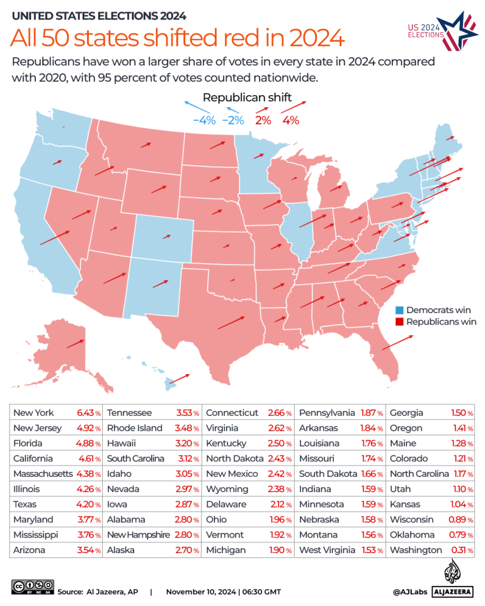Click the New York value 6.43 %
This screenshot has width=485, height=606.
click(88, 413)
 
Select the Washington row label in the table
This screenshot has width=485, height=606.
click(416, 550)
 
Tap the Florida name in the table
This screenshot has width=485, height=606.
click(28, 443)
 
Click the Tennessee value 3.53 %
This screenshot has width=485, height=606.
click(187, 413)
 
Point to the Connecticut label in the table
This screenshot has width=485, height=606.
click(232, 413)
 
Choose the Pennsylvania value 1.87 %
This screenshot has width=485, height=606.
click(372, 413)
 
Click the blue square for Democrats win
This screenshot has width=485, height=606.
click(399, 311)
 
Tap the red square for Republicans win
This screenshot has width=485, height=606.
click(399, 322)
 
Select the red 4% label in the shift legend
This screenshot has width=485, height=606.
click(290, 120)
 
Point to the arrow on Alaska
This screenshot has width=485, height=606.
click(76, 344)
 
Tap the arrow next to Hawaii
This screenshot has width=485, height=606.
click(180, 379)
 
